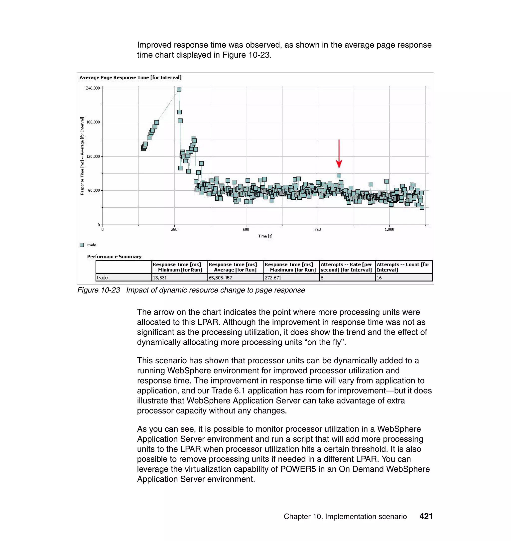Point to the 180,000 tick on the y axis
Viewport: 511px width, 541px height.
pos(93,122)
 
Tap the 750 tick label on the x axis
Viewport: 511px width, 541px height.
pos(318,229)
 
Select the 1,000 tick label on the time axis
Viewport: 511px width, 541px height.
pos(389,229)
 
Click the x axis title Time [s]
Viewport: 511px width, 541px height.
pos(265,236)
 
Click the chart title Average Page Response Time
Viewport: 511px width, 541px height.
pos(130,78)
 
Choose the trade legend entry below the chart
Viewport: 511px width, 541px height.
pos(92,245)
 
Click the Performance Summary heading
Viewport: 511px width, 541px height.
pos(114,257)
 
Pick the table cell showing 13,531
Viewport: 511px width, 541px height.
pos(160,278)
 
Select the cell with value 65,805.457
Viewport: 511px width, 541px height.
pos(220,278)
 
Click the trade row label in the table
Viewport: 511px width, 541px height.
pos(102,278)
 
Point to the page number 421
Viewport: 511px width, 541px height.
pos(426,516)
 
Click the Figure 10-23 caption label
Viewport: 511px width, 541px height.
pos(99,290)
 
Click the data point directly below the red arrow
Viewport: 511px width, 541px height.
pos(339,176)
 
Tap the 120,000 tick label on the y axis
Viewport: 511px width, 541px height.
pos(93,156)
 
